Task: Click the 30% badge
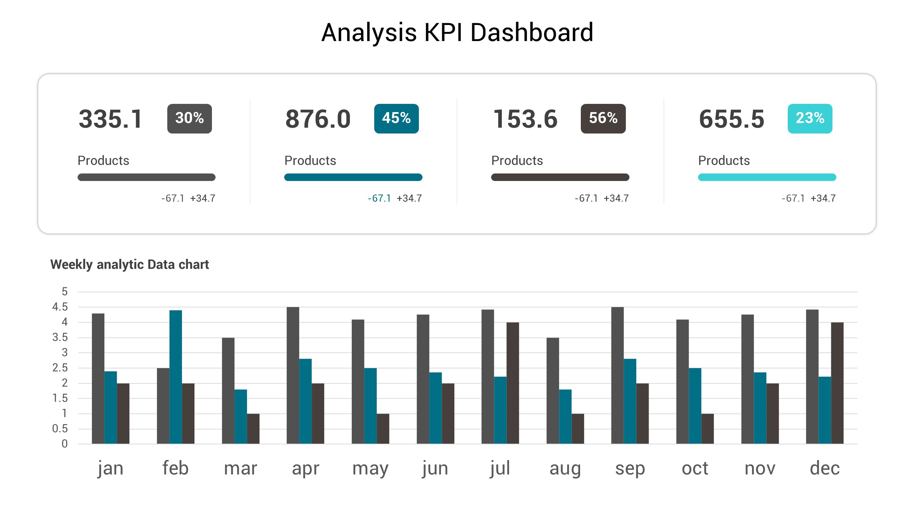coord(189,119)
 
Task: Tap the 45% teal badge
coord(396,119)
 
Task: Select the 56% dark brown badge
coord(603,119)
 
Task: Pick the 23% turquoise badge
coord(810,119)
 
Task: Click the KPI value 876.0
coord(318,119)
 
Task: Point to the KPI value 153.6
coord(525,119)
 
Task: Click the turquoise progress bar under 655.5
coord(767,177)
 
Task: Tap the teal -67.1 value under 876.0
coord(379,198)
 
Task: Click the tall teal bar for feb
coord(175,377)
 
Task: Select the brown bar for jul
coord(513,383)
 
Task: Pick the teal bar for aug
coord(565,416)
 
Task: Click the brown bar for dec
coord(837,383)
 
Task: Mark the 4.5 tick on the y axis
coord(60,307)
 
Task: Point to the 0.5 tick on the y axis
coord(60,429)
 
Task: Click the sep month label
coord(630,468)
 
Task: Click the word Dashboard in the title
coord(531,33)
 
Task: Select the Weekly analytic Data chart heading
coord(129,264)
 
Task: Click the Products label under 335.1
coord(103,161)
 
